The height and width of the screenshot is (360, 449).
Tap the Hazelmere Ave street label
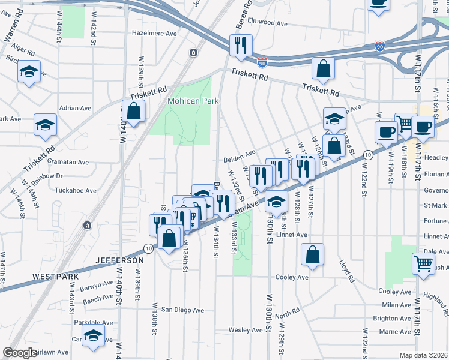(x=154, y=34)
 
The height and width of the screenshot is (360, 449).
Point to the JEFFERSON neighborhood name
(x=120, y=260)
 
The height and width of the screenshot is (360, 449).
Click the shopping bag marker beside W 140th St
(x=133, y=112)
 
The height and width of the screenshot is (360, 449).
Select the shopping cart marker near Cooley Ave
(x=424, y=263)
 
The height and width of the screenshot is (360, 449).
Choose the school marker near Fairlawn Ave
(x=93, y=335)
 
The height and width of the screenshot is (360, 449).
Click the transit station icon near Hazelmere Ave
(x=193, y=53)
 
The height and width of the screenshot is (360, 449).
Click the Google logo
(x=20, y=353)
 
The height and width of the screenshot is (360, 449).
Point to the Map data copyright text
(x=423, y=355)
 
